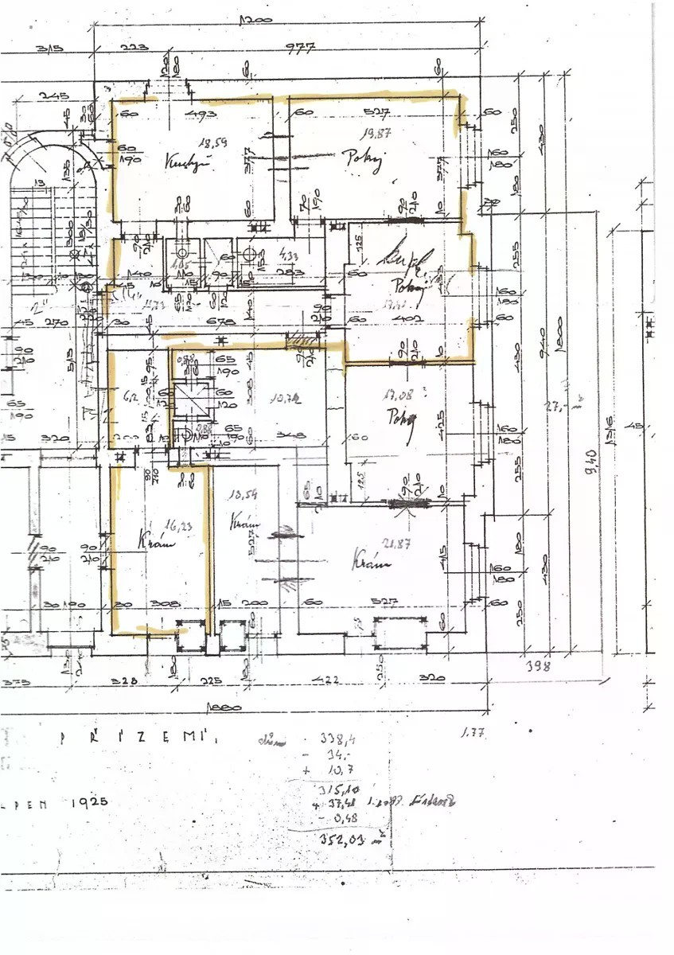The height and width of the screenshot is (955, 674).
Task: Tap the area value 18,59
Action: click(211, 143)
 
